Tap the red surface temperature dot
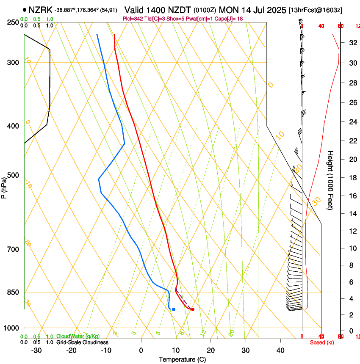coord(193,309)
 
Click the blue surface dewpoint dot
coord(174,309)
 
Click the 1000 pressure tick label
coord(11,328)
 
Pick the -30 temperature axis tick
coord(36,350)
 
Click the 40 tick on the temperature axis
coord(280,350)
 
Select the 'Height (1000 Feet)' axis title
coord(331,180)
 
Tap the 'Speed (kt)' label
coord(322,342)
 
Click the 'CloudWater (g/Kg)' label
coord(78,336)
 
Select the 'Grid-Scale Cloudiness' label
coord(82,342)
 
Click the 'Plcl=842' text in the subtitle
coord(133,19)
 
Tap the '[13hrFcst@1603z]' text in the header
coord(316,10)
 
